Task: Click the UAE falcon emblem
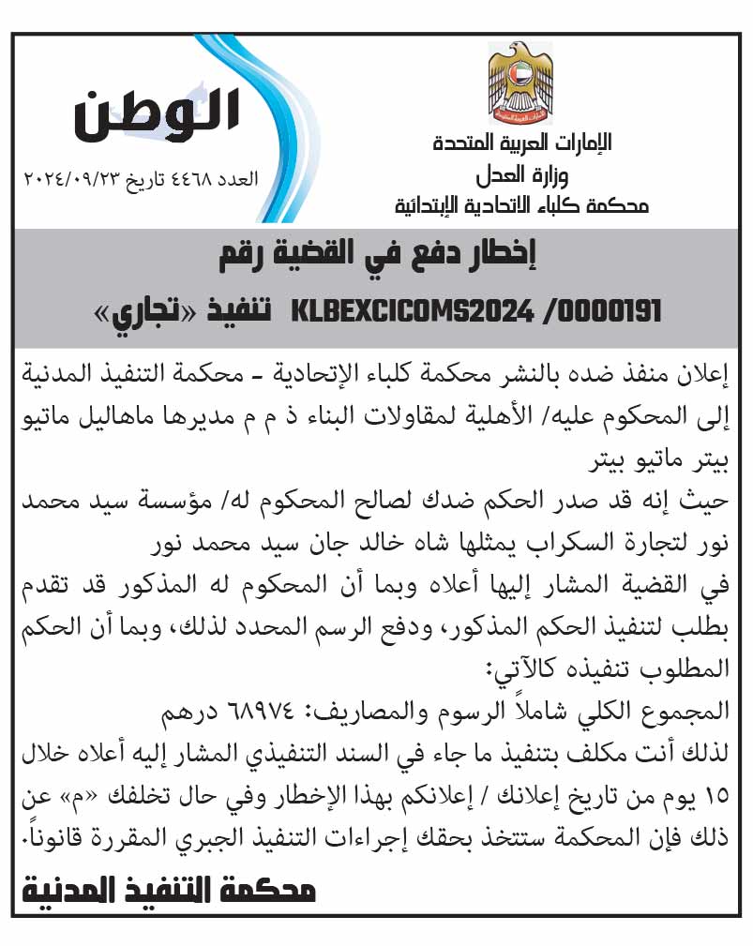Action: point(520,83)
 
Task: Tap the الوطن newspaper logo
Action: point(157,113)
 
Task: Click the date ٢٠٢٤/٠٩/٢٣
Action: point(69,177)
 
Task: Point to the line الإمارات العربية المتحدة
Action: point(522,143)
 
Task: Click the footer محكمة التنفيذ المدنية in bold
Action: point(170,889)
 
